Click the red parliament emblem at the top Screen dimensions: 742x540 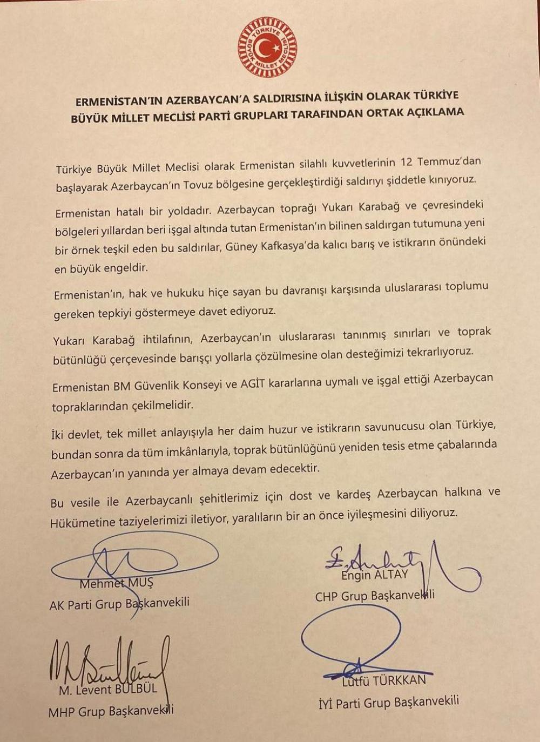[x=268, y=48]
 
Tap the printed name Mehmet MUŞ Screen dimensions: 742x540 [x=116, y=583]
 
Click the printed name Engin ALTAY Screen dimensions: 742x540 [x=374, y=576]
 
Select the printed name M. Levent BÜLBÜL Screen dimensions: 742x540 [x=107, y=690]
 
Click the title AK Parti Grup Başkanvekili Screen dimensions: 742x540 [x=119, y=604]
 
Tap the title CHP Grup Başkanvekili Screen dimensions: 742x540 [x=375, y=596]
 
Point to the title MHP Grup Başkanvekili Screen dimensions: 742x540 [x=111, y=711]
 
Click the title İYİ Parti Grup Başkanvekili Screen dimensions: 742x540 [x=389, y=703]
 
